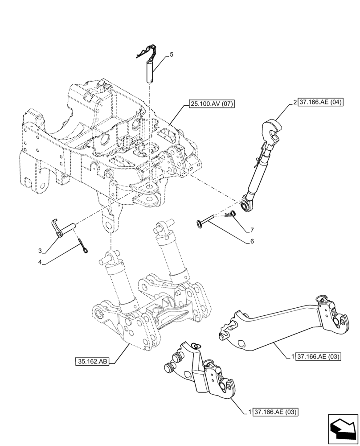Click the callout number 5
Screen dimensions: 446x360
[x=172, y=54]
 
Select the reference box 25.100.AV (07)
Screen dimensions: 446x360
[x=211, y=104]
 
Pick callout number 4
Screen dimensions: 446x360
[x=40, y=262]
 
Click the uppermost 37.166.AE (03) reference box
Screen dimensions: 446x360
[x=319, y=357]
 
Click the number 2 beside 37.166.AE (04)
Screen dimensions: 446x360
[x=295, y=102]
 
